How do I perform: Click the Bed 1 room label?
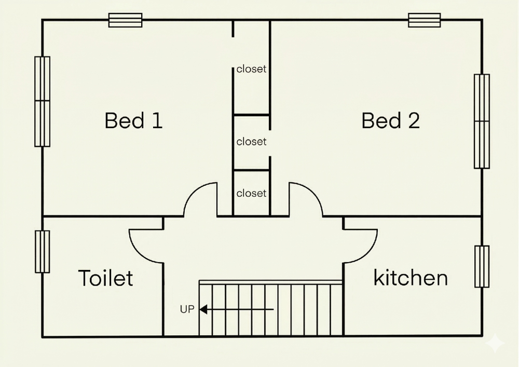pyautogui.click(x=133, y=120)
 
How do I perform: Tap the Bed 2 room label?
pyautogui.click(x=391, y=120)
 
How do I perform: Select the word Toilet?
pyautogui.click(x=105, y=278)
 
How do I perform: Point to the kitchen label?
pyautogui.click(x=411, y=277)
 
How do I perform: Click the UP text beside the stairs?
pyautogui.click(x=187, y=309)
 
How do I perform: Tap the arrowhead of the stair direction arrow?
pyautogui.click(x=203, y=309)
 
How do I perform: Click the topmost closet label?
pyautogui.click(x=251, y=69)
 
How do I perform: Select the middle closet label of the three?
pyautogui.click(x=251, y=142)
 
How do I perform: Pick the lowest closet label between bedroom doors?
pyautogui.click(x=251, y=193)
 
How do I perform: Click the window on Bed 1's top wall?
pyautogui.click(x=126, y=20)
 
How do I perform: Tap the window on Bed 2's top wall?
pyautogui.click(x=425, y=20)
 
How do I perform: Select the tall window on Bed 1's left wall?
pyautogui.click(x=43, y=102)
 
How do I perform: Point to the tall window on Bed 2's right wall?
pyautogui.click(x=482, y=121)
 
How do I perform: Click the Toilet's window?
pyautogui.click(x=43, y=252)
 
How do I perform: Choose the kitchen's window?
pyautogui.click(x=482, y=267)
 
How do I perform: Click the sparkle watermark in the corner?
pyautogui.click(x=495, y=343)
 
